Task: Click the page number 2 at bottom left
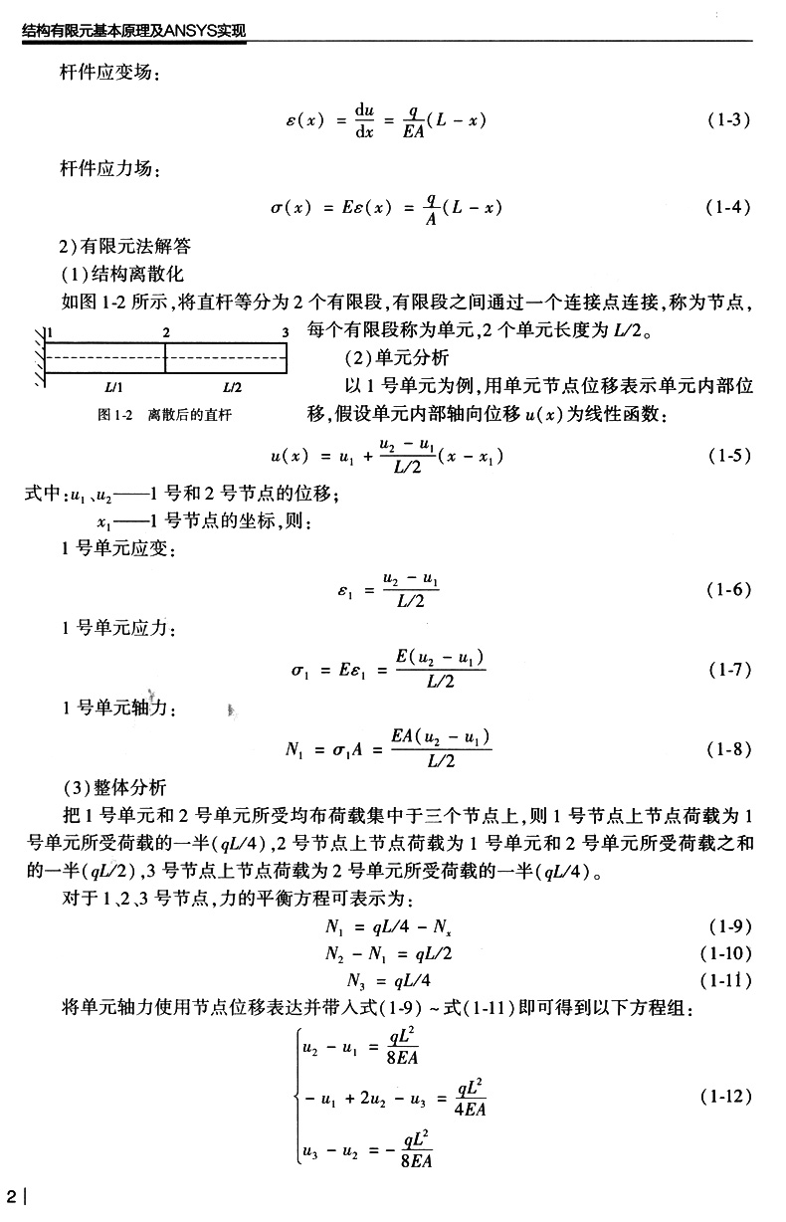[11, 1194]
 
